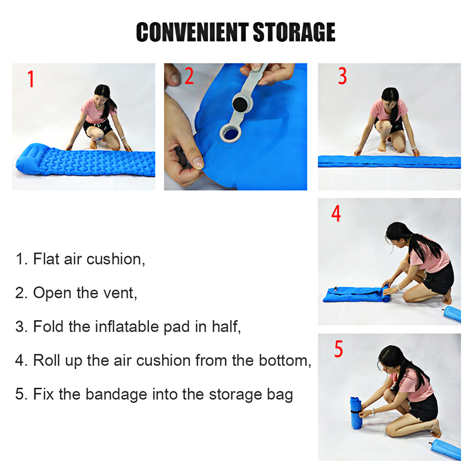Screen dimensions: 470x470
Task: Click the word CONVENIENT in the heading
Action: click(192, 32)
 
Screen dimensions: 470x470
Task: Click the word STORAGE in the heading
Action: click(294, 32)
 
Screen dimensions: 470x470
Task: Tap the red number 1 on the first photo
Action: click(31, 79)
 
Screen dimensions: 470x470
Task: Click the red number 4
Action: click(336, 213)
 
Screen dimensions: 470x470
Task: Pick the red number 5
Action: click(338, 349)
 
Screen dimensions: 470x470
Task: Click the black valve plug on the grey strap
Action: click(240, 104)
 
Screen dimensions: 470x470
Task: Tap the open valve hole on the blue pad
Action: click(231, 133)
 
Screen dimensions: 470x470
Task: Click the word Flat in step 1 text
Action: click(46, 259)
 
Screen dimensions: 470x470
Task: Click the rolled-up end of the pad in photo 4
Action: click(386, 294)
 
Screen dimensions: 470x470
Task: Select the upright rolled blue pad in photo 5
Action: click(356, 413)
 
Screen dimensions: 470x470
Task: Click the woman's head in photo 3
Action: click(390, 98)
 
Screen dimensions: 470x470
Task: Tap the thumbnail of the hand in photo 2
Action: click(198, 162)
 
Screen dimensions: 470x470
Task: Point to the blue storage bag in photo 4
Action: click(452, 314)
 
